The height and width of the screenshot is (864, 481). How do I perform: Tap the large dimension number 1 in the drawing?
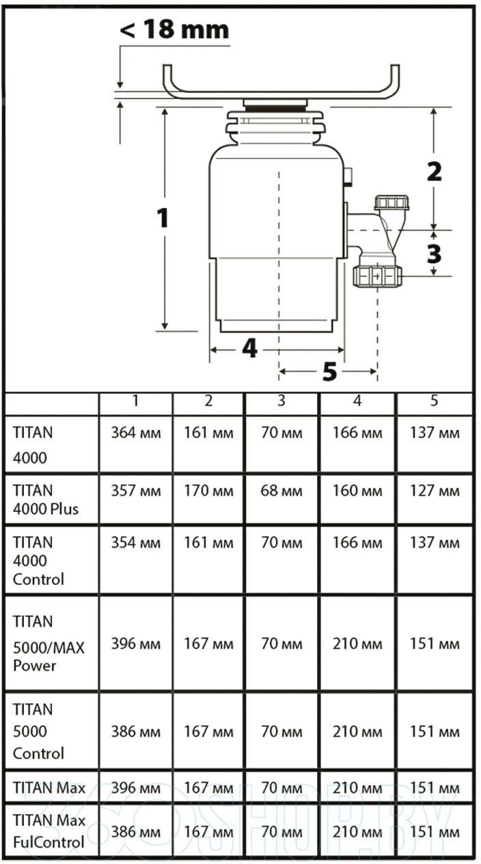pos(162,218)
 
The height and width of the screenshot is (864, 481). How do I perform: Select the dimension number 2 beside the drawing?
pos(434,171)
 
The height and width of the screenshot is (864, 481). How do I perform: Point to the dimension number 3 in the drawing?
pos(434,254)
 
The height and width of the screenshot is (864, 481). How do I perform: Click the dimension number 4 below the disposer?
pos(250,349)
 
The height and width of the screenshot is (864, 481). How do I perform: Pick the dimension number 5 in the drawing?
pos(329,372)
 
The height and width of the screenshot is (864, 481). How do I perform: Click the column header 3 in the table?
pos(281,401)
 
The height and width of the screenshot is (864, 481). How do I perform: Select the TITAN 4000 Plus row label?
pos(46,499)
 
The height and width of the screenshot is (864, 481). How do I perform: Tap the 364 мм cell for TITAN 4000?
pos(136,433)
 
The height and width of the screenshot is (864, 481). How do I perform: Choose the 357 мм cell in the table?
pos(136,491)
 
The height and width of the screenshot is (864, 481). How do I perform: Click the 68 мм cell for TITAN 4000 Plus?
pos(281,491)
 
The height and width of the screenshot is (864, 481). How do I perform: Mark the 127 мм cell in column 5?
pos(435,491)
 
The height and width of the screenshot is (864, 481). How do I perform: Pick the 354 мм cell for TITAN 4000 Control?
pos(136,543)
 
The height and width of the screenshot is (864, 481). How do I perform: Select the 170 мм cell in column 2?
pos(208,491)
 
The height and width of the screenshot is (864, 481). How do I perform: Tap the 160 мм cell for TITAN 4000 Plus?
pos(357,491)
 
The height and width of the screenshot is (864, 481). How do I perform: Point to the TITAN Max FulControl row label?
pos(49,831)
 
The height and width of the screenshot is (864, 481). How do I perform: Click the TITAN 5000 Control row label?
pos(40,731)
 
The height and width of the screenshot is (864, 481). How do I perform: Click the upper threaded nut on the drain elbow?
pos(391,202)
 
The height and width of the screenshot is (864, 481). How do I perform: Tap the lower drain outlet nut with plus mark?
pos(379,275)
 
